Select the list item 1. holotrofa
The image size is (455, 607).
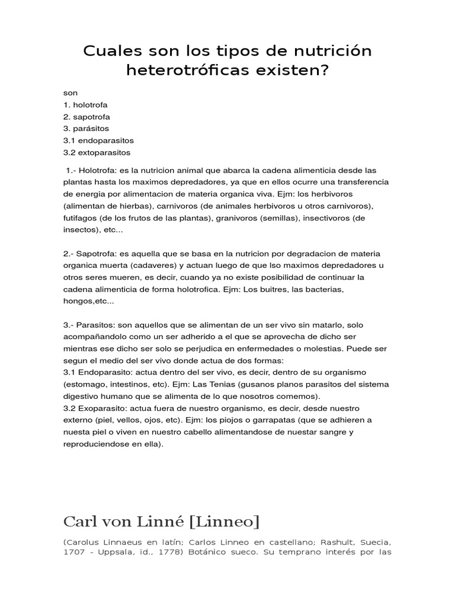point(85,105)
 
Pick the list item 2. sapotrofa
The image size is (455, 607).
point(86,117)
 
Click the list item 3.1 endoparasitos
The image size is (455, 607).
point(98,140)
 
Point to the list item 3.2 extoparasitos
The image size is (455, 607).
point(97,152)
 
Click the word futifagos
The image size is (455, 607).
point(81,218)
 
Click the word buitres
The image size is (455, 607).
point(261,289)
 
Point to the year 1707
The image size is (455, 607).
point(73,554)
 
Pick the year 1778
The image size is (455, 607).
point(187,554)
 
